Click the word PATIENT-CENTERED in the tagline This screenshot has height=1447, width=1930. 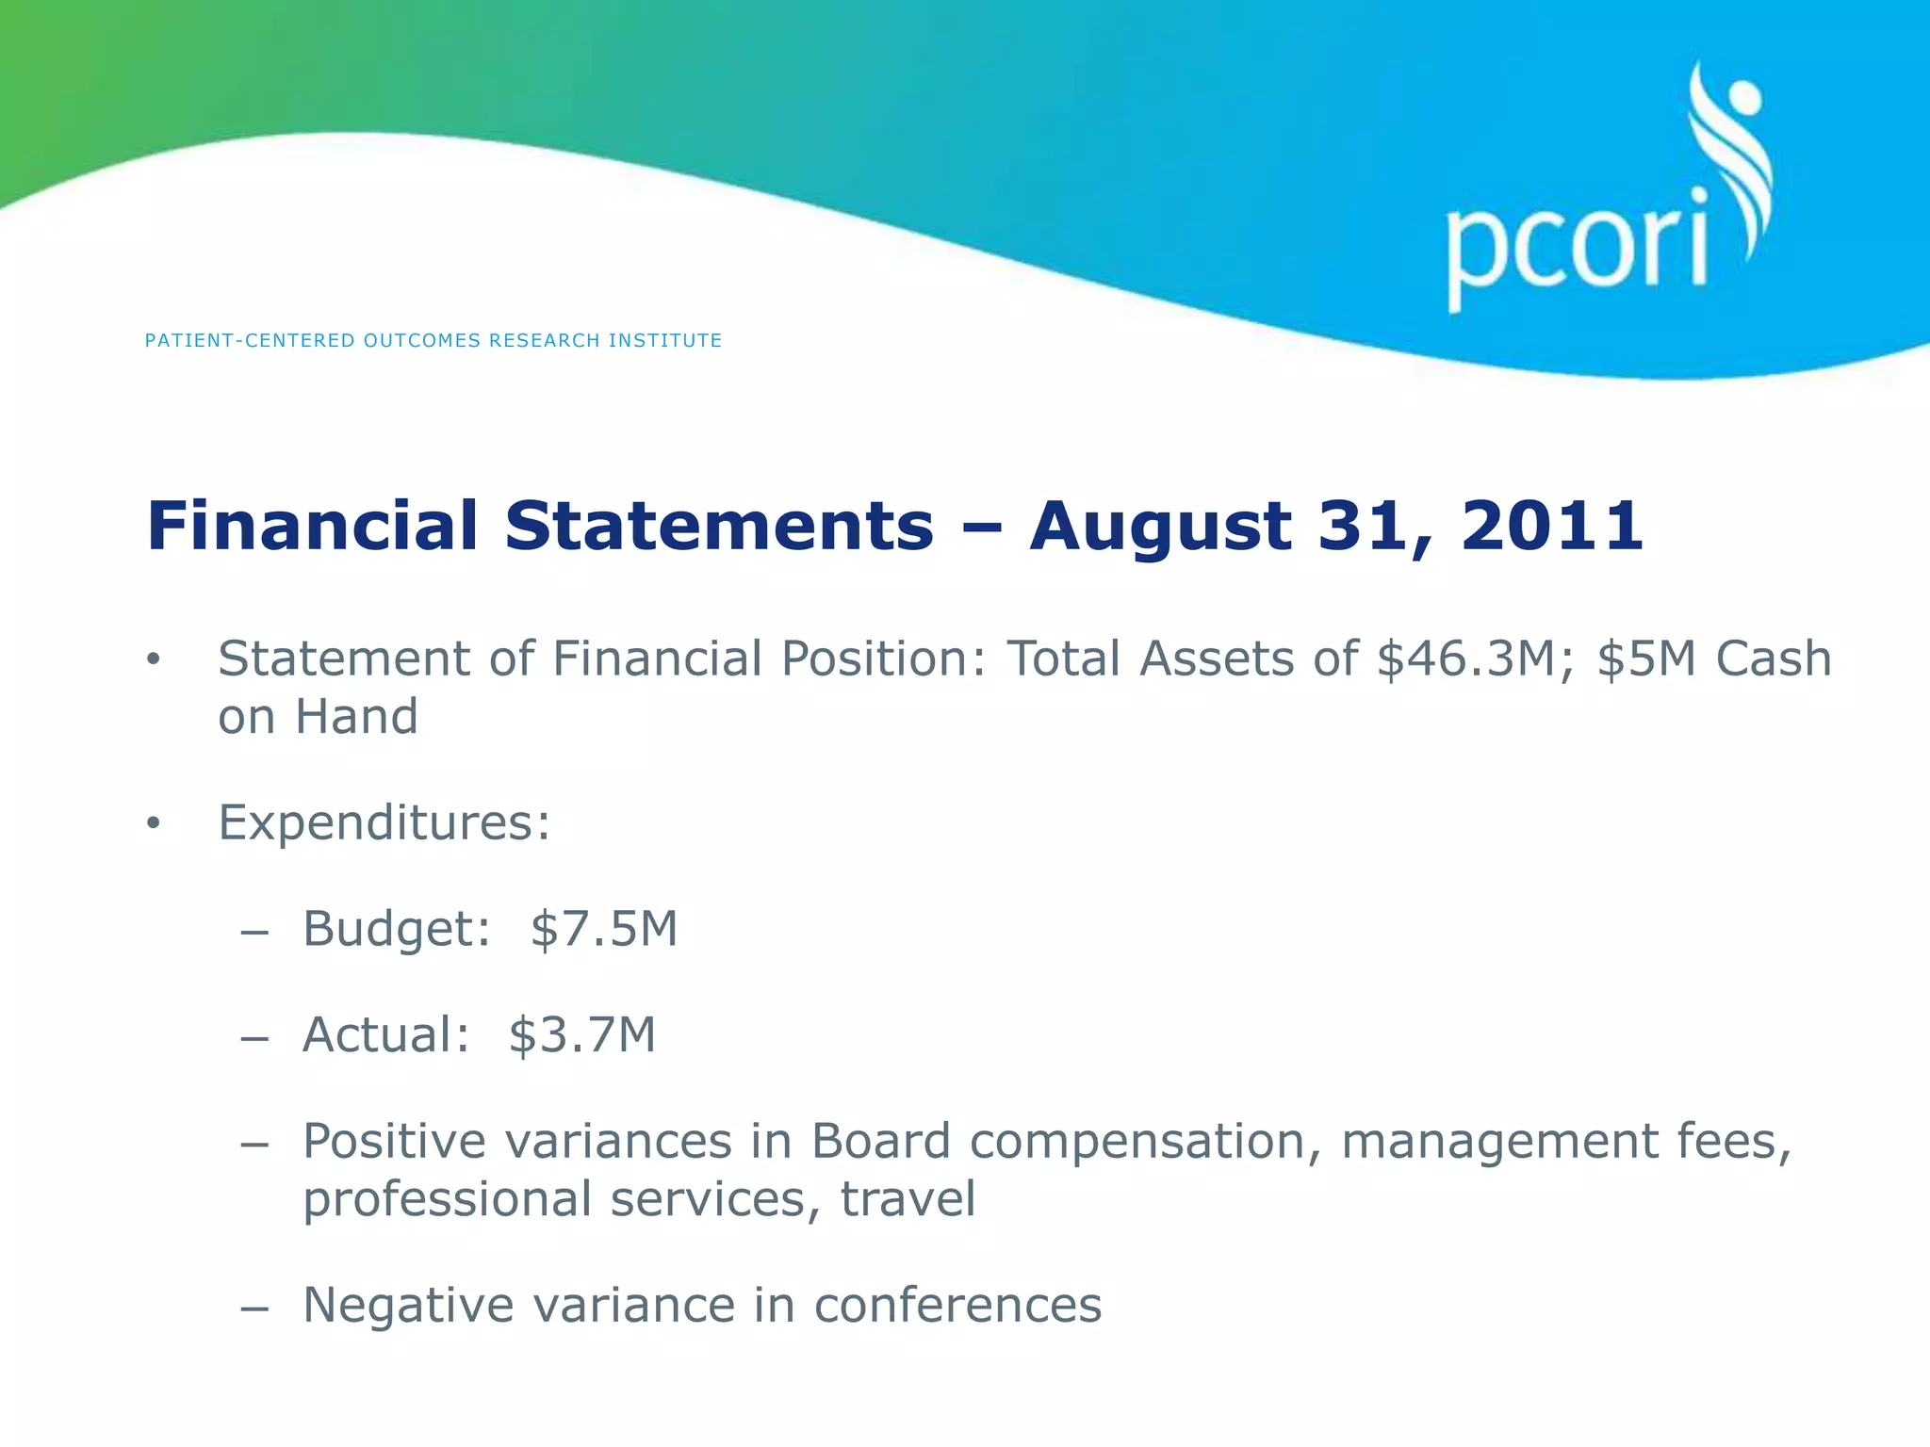tap(250, 341)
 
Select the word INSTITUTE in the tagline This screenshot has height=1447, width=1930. tap(665, 341)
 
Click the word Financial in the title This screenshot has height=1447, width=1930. tap(313, 526)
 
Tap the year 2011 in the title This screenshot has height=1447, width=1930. tap(1552, 526)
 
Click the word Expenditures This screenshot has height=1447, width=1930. tap(384, 823)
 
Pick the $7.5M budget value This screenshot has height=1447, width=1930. tap(604, 930)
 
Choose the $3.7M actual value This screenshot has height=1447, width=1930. tap(581, 1035)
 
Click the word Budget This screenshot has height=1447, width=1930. tap(396, 930)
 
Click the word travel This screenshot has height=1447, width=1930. tap(908, 1200)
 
